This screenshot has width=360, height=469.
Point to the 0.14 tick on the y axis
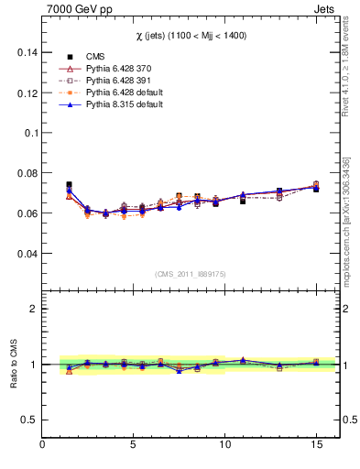click(27, 53)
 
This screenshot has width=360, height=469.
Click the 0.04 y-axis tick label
click(27, 254)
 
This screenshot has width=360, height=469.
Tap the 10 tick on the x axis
click(224, 444)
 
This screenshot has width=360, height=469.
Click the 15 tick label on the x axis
click(315, 444)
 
